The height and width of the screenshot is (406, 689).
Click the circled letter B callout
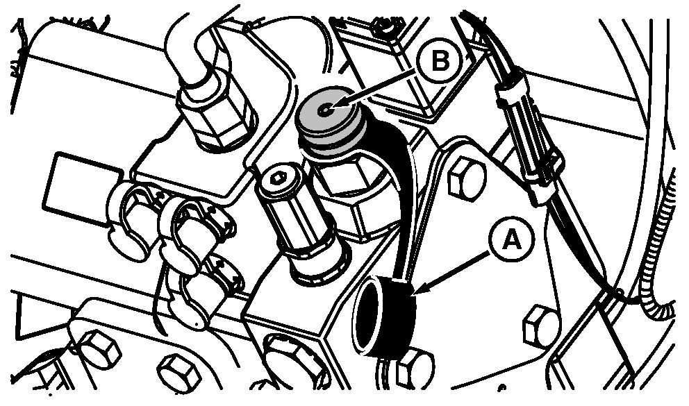click(x=440, y=61)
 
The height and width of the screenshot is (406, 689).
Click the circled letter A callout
click(x=511, y=239)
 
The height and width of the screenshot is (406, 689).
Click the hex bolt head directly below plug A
click(x=414, y=368)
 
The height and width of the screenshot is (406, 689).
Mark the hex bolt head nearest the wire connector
click(x=467, y=178)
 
